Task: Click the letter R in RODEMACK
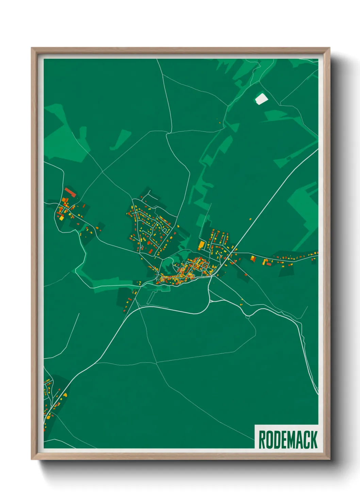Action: [x=262, y=440]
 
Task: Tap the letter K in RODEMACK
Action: [x=314, y=440]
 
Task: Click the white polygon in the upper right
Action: [x=261, y=99]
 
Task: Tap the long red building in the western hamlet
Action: [x=70, y=192]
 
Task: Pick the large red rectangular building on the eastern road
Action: [x=269, y=264]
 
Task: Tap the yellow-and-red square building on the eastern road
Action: [x=253, y=259]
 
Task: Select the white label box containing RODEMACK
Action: [x=287, y=437]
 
